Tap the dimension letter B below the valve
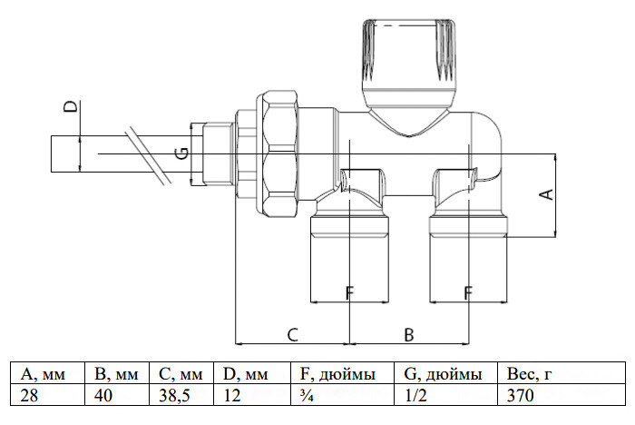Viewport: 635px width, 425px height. tap(409, 335)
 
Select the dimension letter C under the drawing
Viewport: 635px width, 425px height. tap(292, 335)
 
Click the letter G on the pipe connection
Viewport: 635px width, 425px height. tap(181, 154)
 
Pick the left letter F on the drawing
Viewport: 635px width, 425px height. tap(349, 292)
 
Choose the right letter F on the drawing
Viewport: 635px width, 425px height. tap(468, 292)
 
